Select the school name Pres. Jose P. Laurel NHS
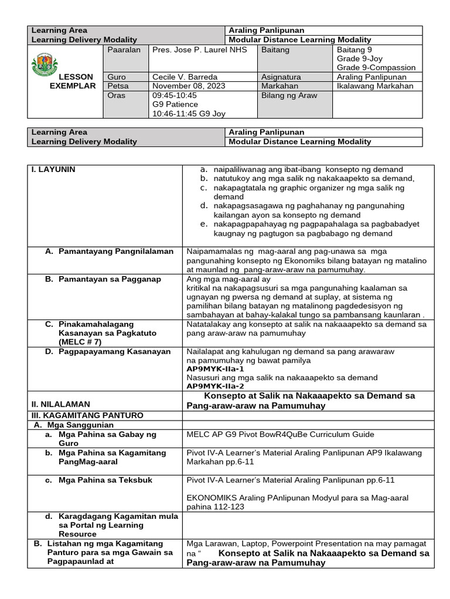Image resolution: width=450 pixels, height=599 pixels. pyautogui.click(x=199, y=50)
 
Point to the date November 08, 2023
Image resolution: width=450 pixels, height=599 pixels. pyautogui.click(x=188, y=86)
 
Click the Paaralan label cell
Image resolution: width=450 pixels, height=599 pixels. pyautogui.click(x=124, y=50)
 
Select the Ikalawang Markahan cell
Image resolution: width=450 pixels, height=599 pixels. pyautogui.click(x=375, y=86)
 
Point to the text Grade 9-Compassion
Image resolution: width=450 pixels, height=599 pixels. pyautogui.click(x=376, y=68)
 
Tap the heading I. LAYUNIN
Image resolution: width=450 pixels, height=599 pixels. pyautogui.click(x=54, y=169)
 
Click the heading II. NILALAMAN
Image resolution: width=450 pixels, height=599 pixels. pyautogui.click(x=60, y=404)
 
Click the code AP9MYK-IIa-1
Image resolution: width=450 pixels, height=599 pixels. pyautogui.click(x=215, y=369)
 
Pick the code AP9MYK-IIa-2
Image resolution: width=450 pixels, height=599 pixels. pyautogui.click(x=215, y=386)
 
